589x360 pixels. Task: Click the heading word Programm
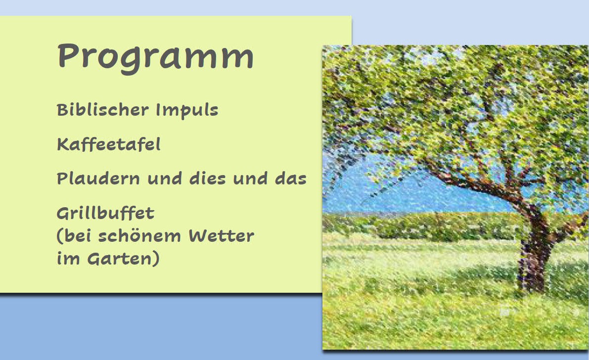point(155,57)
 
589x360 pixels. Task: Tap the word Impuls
point(187,111)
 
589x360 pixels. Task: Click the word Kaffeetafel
point(109,144)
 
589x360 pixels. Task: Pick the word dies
point(207,178)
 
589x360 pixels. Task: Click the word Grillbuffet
point(105,214)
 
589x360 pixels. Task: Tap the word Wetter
point(221,236)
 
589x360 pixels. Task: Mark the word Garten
point(120,259)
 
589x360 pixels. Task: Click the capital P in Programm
point(66,55)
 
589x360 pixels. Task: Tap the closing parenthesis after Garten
point(156,259)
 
